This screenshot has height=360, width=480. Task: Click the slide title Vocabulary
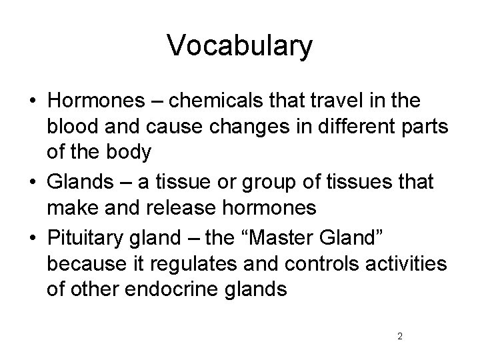[x=239, y=45]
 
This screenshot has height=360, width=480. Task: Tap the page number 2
[x=399, y=336]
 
